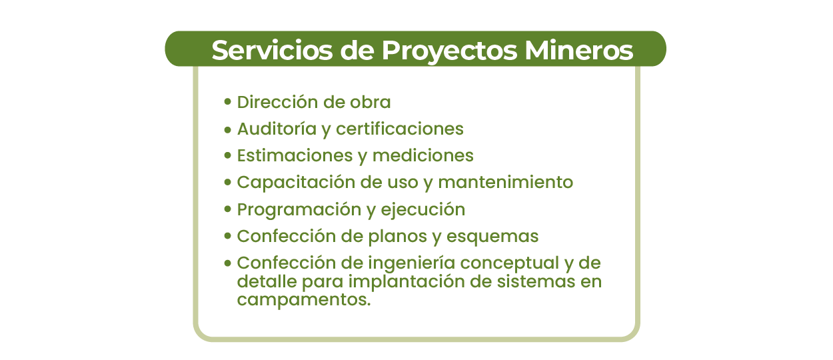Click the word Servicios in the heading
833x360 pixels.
(272, 50)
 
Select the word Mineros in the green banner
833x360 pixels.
(578, 50)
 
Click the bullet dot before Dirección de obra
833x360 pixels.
(228, 102)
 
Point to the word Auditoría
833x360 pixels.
(277, 129)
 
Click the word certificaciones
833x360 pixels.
(400, 129)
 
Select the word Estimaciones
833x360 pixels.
(295, 155)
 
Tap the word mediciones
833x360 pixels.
(422, 155)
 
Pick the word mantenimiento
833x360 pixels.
(505, 182)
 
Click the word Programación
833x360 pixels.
(299, 209)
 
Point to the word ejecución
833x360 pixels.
(422, 210)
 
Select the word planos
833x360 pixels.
(398, 237)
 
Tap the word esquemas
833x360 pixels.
(492, 237)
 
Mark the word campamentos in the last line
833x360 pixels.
(304, 300)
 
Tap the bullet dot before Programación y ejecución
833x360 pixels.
(228, 209)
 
